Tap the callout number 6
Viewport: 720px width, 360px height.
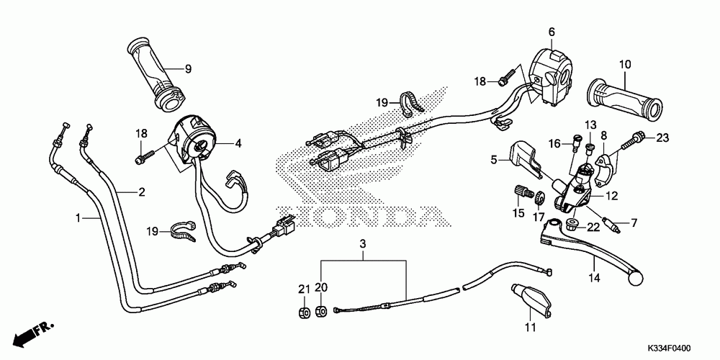pyautogui.click(x=552, y=32)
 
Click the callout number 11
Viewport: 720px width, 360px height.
pyautogui.click(x=530, y=329)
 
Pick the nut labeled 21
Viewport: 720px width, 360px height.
pyautogui.click(x=305, y=311)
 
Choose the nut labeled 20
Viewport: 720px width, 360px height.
pyautogui.click(x=322, y=311)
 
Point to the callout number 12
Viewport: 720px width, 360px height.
pyautogui.click(x=612, y=195)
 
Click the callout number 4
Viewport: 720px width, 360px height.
pyautogui.click(x=238, y=143)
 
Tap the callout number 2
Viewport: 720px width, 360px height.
pyautogui.click(x=142, y=192)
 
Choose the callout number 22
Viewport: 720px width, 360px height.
pyautogui.click(x=593, y=228)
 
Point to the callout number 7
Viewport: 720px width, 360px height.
pyautogui.click(x=634, y=223)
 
